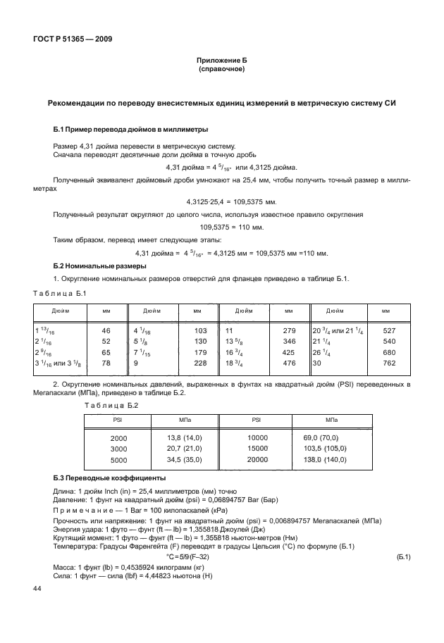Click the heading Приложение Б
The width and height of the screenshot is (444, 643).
pos(222,62)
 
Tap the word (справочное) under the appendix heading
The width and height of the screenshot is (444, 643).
pos(222,70)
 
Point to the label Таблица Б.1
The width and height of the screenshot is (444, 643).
pos(59,293)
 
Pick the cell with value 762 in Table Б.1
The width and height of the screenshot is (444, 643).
pos(388,363)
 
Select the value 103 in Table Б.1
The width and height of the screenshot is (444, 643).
pos(199,330)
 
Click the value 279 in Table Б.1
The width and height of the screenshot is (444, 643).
pos(288,330)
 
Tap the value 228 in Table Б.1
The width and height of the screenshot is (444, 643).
pos(199,363)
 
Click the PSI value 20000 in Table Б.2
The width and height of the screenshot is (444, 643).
pos(258,459)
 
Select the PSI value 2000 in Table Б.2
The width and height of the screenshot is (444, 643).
pos(118,438)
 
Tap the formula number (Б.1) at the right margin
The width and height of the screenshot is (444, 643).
pos(404,556)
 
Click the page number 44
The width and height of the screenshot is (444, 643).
pos(37,588)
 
